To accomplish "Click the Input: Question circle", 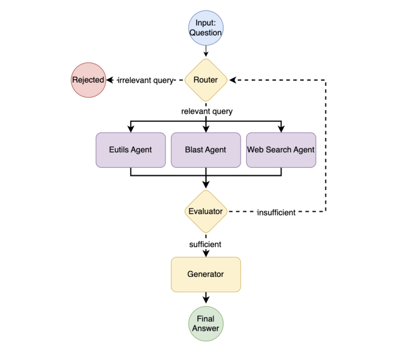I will (206, 28).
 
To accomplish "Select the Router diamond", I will (206, 80).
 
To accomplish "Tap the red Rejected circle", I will (88, 80).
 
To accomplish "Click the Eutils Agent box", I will (131, 150).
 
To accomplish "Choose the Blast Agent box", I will (206, 150).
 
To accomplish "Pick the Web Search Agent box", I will (281, 150).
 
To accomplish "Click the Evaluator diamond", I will (206, 211).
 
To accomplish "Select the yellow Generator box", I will (206, 274).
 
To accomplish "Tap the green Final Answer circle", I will (206, 323).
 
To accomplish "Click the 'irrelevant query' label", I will (146, 80).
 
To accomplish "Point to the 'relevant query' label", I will (206, 111).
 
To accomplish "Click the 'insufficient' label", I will (276, 212).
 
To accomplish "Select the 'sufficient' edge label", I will (205, 244).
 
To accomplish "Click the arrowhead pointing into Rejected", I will (110, 80).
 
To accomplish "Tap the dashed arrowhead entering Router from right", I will (232, 80).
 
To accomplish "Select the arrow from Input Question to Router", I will (206, 51).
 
